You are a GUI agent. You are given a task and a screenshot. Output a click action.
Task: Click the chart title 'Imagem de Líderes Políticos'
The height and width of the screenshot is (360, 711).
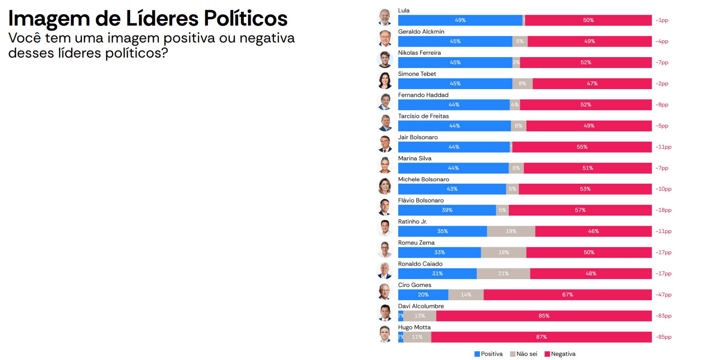[148, 18]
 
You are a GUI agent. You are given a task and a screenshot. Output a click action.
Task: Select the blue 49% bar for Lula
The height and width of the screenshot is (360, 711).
[460, 20]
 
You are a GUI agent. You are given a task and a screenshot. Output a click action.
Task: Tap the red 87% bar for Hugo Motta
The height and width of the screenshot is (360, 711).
[541, 337]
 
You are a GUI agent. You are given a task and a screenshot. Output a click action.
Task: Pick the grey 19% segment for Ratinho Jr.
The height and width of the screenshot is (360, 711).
[511, 231]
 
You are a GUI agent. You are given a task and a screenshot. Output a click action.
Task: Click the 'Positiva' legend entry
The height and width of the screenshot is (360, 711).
[489, 354]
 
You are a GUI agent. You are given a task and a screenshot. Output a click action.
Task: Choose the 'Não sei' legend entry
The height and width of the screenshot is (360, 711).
[524, 354]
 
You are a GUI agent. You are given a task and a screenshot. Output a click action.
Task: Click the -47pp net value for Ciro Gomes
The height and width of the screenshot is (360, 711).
[664, 295]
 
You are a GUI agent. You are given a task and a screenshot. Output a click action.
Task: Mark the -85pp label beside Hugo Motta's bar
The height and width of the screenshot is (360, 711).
[664, 337]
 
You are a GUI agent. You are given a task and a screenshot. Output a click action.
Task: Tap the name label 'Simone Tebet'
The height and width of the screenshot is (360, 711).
[417, 74]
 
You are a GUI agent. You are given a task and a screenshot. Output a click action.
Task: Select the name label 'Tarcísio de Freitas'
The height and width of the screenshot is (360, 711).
[423, 116]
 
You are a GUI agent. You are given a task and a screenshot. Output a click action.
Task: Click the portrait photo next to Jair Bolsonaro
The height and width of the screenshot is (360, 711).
[385, 143]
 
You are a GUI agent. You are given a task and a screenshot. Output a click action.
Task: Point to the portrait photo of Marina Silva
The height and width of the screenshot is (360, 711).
[385, 164]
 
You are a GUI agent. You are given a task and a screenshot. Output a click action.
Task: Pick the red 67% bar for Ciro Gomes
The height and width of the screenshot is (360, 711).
[568, 295]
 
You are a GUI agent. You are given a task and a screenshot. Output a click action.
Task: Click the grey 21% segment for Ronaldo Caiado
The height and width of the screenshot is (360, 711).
[503, 274]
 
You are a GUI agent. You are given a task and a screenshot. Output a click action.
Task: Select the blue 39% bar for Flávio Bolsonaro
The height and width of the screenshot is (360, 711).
[447, 210]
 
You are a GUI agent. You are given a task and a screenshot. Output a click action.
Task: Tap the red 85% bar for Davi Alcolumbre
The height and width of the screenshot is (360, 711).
[544, 316]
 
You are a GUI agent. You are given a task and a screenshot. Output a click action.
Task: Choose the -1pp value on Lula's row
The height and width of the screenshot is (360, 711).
[662, 20]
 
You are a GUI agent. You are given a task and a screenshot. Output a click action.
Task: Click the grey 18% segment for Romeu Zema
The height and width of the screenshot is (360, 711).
[503, 253]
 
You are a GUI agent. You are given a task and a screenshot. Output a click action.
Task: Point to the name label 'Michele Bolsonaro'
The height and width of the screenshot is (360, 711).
[423, 180]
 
